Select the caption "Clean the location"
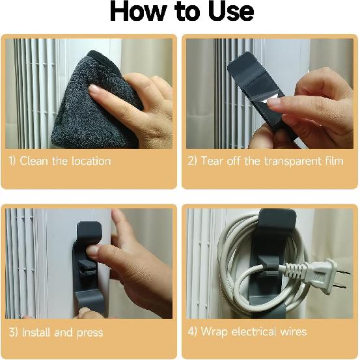coord(65,161)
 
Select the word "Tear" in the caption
coord(213,161)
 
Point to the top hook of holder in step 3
coord(89,233)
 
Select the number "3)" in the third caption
coord(13,332)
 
